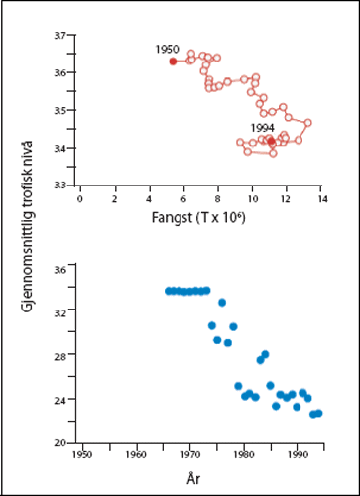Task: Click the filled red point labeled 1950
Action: click(173, 62)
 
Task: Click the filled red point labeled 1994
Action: click(271, 142)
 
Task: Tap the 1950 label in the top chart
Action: click(168, 49)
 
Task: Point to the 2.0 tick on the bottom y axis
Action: click(59, 443)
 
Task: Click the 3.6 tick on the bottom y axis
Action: click(59, 269)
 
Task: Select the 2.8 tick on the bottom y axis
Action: click(59, 356)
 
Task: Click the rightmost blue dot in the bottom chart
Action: click(318, 413)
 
